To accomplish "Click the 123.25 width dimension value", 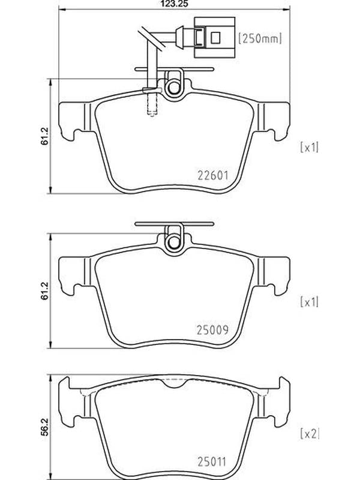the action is coord(174,4).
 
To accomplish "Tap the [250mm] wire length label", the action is coord(260,38).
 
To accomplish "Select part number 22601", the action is coord(213,175).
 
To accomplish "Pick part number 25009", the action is coord(213,329).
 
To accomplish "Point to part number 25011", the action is coord(212,462).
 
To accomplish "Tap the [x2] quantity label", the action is coord(309,434).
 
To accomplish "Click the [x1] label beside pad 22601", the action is coord(309,148).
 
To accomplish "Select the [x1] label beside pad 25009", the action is coord(309,302).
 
